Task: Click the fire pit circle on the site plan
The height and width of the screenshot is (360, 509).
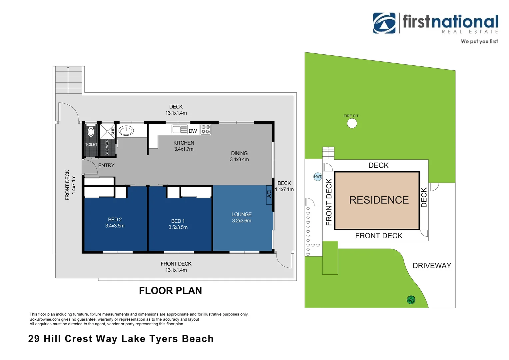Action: pos(352,123)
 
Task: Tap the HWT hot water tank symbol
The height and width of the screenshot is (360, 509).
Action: pos(317,176)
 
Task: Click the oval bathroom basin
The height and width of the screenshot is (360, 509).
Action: pos(126,131)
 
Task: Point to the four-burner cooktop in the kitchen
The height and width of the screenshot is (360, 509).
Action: pos(206,129)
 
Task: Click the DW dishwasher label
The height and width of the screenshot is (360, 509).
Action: pos(193,131)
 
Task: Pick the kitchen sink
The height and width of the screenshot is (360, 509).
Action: pos(180,129)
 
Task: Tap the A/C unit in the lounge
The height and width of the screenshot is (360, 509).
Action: pos(269,195)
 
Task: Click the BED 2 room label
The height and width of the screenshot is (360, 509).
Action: pos(115,219)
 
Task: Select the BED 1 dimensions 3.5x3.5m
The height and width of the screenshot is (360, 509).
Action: pos(178,227)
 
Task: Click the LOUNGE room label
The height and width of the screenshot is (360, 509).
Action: pos(242,214)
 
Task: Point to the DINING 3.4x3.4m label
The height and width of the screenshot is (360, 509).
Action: pos(239,156)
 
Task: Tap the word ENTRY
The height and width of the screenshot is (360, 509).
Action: pos(106,165)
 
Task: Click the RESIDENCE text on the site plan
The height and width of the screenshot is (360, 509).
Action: pos(379,200)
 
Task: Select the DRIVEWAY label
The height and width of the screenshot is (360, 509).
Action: pos(432,266)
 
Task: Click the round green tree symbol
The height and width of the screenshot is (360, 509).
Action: pos(411,300)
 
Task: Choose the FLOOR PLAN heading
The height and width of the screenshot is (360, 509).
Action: pos(171,291)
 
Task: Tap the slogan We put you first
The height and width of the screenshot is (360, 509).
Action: pos(479,41)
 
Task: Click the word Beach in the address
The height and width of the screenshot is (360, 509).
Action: pos(198,339)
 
